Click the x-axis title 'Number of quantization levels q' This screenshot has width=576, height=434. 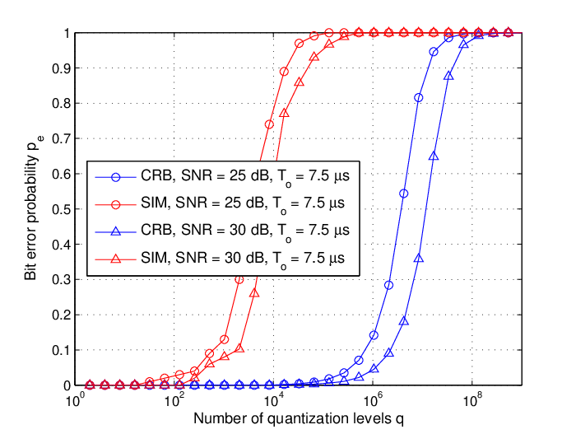[298, 419]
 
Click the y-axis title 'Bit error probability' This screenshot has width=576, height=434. [31, 217]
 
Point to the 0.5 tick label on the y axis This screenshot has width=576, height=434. [61, 209]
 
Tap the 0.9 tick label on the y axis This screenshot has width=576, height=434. [61, 68]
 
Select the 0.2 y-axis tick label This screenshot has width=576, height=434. [61, 315]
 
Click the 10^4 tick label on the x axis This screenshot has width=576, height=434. [272, 400]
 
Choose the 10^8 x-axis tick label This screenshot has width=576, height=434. [471, 400]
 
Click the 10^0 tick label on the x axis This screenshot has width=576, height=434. [74, 400]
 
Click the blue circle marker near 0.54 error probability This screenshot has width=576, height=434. [403, 194]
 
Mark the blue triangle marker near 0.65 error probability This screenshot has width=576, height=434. [434, 156]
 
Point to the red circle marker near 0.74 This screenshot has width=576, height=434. [269, 124]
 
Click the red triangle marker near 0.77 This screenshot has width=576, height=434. [285, 114]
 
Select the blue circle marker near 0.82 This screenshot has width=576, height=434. [418, 98]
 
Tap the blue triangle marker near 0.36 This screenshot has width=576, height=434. [418, 259]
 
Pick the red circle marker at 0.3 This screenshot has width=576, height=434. [239, 279]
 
